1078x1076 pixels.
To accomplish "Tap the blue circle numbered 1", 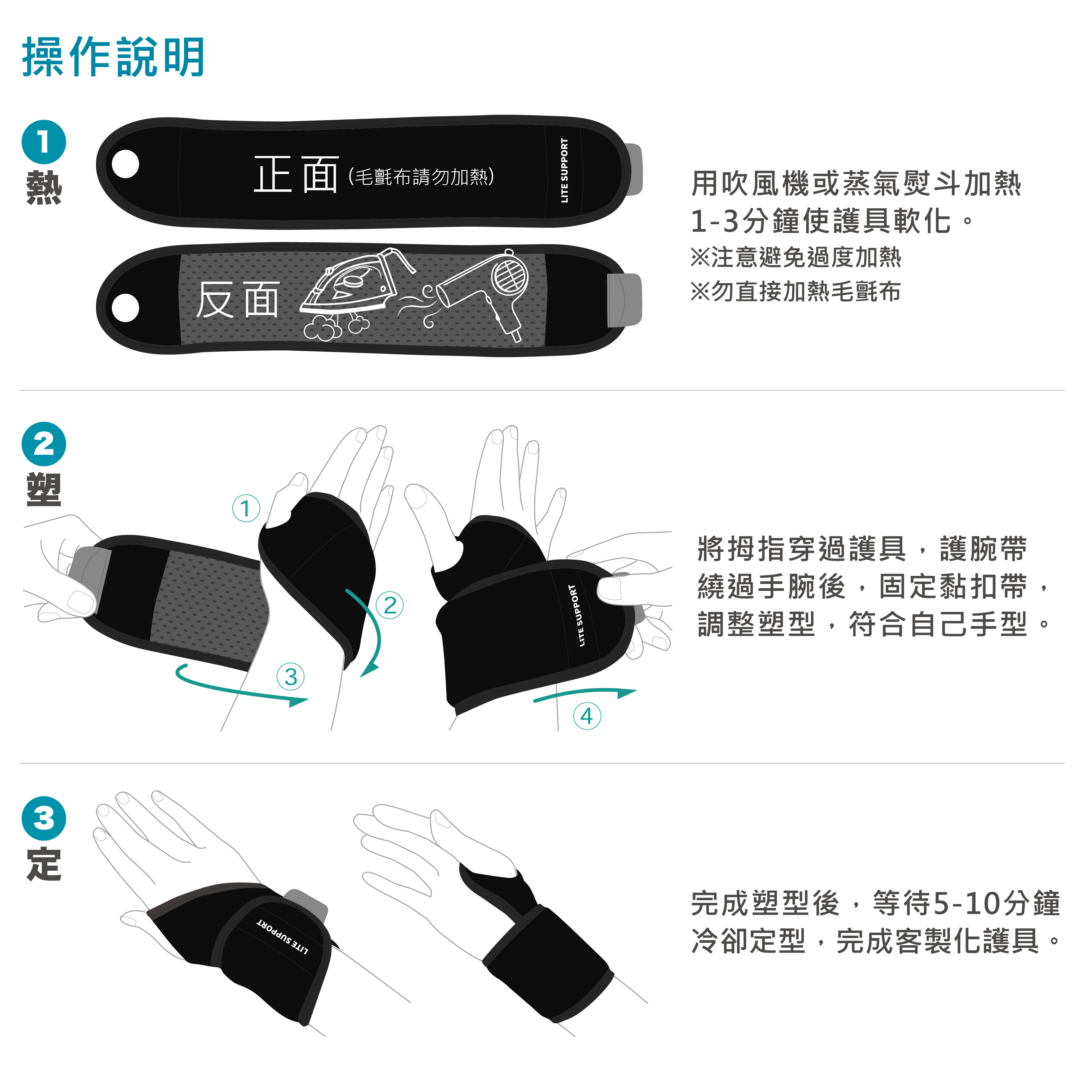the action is tap(44, 142).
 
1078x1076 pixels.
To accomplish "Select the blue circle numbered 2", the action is tap(44, 445).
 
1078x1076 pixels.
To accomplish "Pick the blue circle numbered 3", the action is tap(44, 819).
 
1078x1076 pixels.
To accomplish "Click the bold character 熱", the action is tap(44, 188).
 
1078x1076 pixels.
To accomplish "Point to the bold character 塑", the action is tap(44, 490).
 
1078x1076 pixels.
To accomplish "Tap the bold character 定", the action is tap(44, 865).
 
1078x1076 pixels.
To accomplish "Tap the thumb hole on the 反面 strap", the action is tap(126, 307).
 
